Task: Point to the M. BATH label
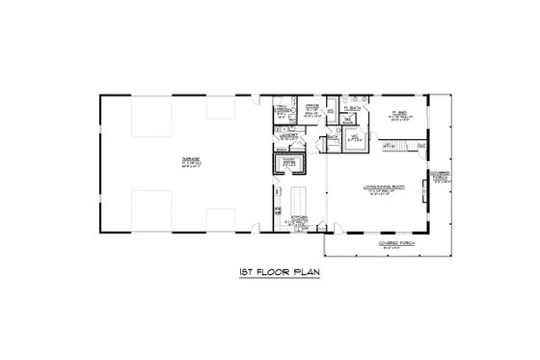point(353,107)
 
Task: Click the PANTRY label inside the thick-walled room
point(289,161)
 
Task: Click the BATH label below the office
point(332,137)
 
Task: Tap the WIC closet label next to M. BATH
point(354,134)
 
